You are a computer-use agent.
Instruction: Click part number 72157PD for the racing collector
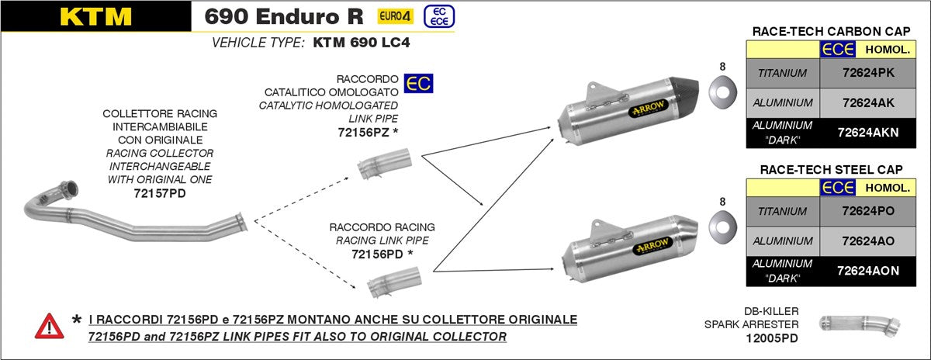pos(159,192)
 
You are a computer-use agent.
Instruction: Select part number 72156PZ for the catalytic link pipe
pos(363,131)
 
